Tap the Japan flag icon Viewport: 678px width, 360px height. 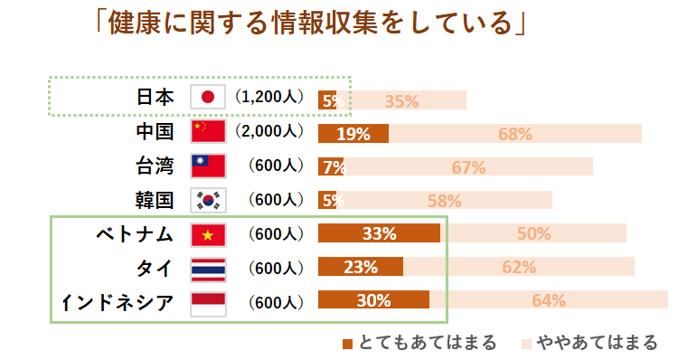[208, 98]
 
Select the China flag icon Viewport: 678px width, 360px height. [208, 132]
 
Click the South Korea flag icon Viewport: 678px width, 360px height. [208, 200]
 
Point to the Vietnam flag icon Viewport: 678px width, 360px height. [208, 234]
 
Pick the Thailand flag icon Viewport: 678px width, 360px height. [208, 269]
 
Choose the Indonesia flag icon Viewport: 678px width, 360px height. [208, 303]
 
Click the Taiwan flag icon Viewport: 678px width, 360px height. [208, 166]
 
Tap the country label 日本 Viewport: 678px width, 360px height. [155, 98]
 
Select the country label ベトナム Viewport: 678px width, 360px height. [135, 234]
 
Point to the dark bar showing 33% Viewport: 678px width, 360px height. [379, 233]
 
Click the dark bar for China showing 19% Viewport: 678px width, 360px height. [353, 134]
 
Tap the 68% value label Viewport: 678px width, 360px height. [514, 135]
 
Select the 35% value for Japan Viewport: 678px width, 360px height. [401, 101]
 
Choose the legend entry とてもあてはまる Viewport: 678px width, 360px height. [419, 343]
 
